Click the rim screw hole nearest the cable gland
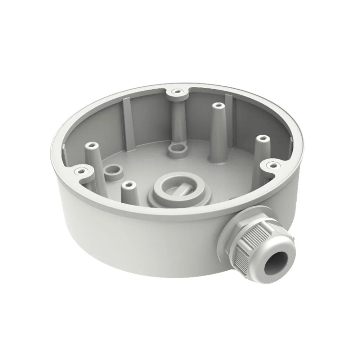(273, 165)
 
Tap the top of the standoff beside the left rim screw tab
(91, 146)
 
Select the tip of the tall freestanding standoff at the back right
(217, 105)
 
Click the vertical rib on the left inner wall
(126, 119)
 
